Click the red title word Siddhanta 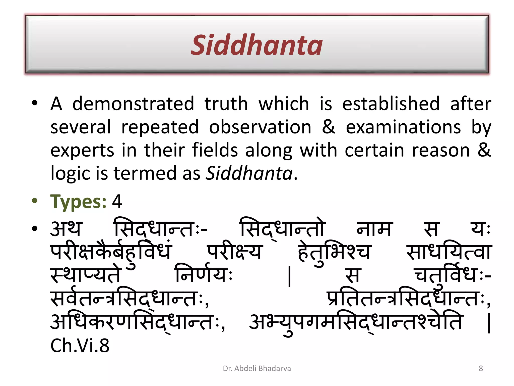click(x=256, y=45)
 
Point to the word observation click(x=260, y=127)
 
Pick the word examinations click(x=403, y=127)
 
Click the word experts click(x=82, y=151)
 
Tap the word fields click(x=215, y=150)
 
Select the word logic click(x=70, y=174)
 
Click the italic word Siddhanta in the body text click(x=249, y=173)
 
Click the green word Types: click(x=78, y=202)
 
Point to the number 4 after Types click(x=117, y=201)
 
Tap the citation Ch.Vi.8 click(x=80, y=346)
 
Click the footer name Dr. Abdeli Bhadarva click(x=257, y=368)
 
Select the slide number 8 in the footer click(x=481, y=368)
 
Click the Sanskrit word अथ click(x=66, y=229)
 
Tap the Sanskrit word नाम click(x=373, y=229)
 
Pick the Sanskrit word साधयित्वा click(x=449, y=252)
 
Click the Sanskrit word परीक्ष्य click(x=234, y=252)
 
